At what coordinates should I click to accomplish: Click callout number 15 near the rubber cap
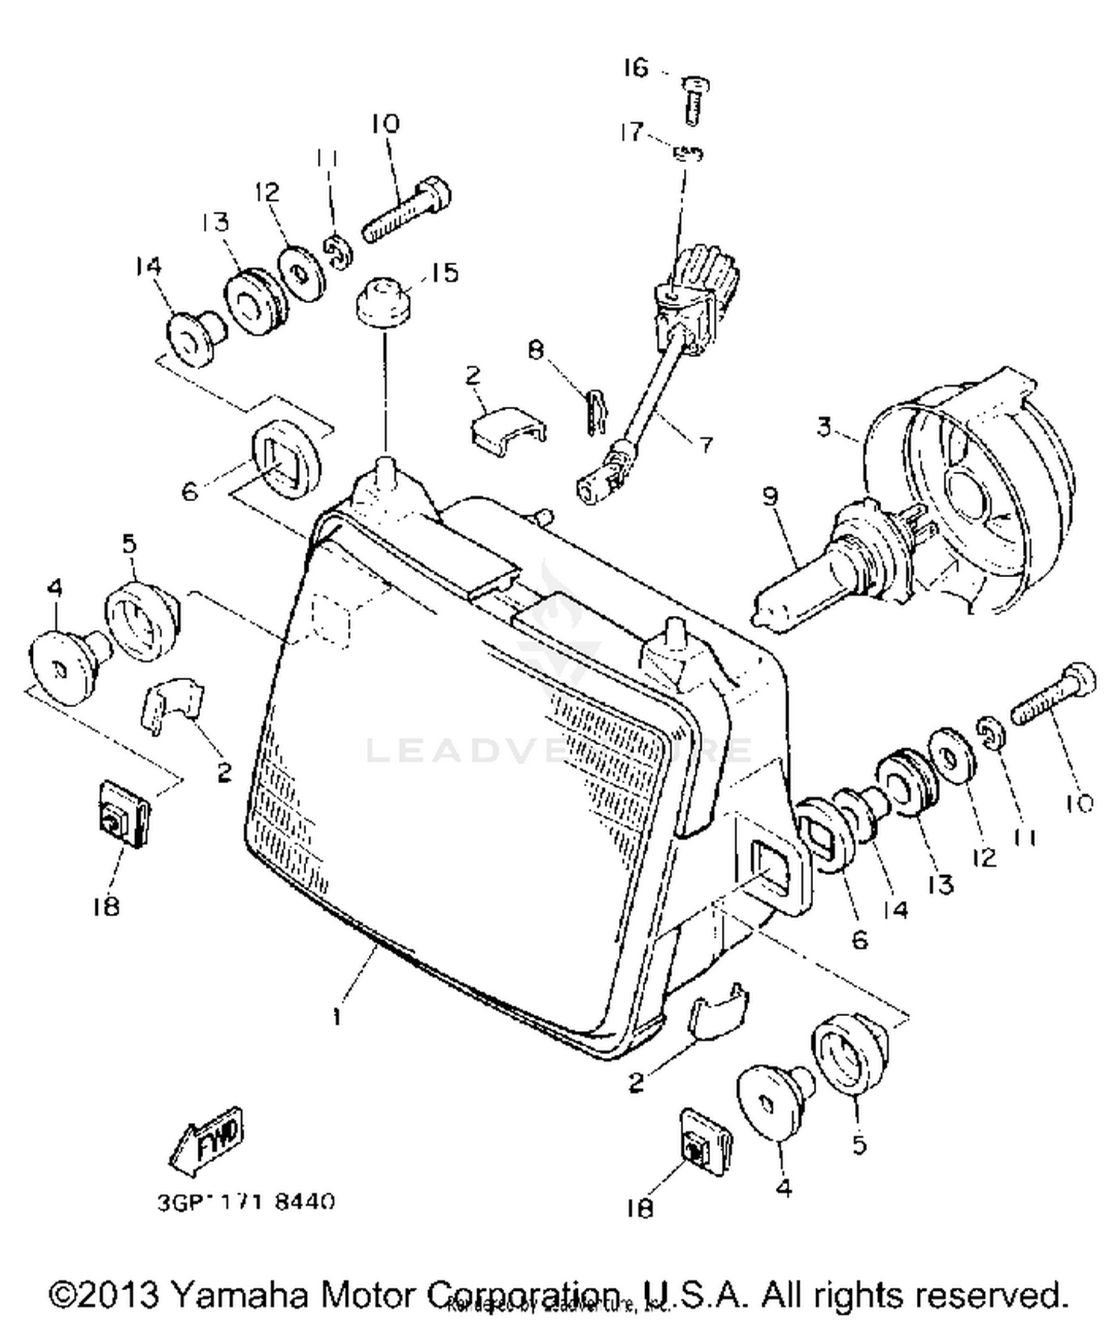[x=445, y=273]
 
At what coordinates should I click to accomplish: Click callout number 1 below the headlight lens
[x=337, y=1016]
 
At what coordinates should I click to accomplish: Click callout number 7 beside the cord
[x=704, y=444]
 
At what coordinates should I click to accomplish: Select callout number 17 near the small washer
[x=632, y=132]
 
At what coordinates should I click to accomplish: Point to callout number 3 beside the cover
[x=824, y=428]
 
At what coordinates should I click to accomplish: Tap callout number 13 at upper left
[x=215, y=222]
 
